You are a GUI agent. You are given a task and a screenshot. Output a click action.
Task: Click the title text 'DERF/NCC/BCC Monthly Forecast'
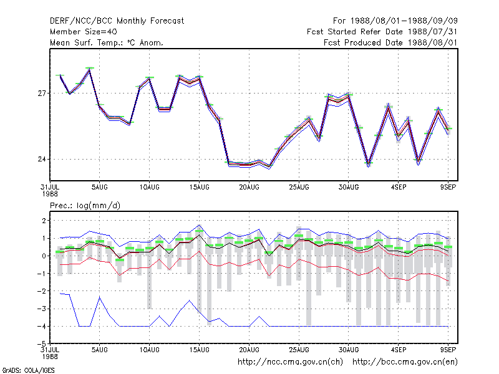(x=117, y=21)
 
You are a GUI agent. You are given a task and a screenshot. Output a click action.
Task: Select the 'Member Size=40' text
(x=84, y=32)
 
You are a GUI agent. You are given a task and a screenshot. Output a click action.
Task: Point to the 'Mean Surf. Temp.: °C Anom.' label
(x=106, y=42)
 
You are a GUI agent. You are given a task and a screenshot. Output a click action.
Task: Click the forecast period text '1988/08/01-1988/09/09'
(x=404, y=21)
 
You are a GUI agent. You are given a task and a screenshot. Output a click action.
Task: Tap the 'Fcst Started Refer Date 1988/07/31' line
(x=382, y=32)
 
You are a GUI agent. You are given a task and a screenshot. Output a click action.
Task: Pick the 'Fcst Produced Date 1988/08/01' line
(x=390, y=42)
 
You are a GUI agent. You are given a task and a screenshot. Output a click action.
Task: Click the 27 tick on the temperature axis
(x=42, y=93)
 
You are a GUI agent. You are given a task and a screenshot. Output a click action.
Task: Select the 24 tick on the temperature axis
(x=42, y=159)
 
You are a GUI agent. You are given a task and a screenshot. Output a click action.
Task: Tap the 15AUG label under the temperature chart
(x=200, y=188)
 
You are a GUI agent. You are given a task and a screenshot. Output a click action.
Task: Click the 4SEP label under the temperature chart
(x=399, y=188)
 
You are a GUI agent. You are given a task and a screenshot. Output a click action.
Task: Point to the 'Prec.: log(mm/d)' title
(x=85, y=206)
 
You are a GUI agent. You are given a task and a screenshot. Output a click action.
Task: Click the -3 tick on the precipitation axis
(x=42, y=309)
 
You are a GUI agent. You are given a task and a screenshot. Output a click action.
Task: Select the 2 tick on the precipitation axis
(x=44, y=221)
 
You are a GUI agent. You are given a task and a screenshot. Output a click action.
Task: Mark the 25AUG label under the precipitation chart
(x=299, y=350)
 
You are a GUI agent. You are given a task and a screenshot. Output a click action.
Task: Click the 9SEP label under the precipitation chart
(x=448, y=350)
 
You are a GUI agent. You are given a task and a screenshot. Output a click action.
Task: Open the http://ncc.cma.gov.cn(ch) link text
(x=290, y=362)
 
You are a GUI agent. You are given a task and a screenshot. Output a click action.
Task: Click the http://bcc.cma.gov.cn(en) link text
(x=405, y=362)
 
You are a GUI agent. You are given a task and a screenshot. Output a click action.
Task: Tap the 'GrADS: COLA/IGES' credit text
(x=28, y=370)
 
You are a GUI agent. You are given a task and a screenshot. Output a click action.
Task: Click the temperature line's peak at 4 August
(x=90, y=69)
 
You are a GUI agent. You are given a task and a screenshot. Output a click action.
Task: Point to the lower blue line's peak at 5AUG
(x=100, y=297)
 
